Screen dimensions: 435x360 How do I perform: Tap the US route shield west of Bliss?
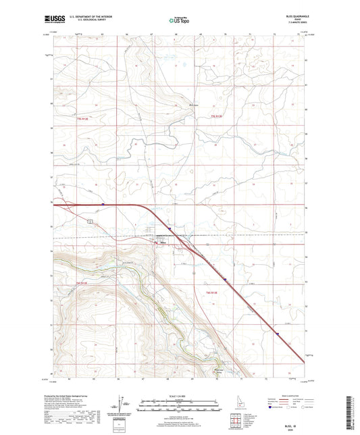point(87,220)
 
